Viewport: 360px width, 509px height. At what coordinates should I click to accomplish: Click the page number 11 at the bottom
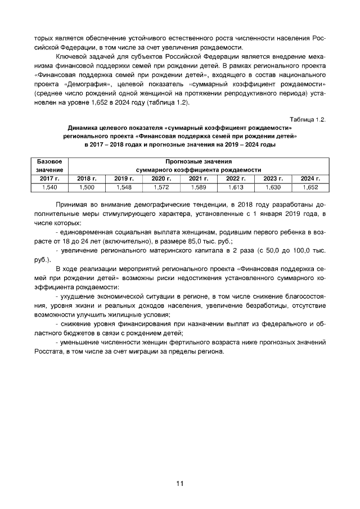[179, 483]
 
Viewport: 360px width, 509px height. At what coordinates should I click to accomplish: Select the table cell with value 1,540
[49, 187]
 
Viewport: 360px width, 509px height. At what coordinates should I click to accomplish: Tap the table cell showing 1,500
[87, 187]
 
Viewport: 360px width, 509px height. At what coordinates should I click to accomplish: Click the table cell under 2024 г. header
[310, 187]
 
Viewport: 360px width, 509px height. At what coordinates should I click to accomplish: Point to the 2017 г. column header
[49, 178]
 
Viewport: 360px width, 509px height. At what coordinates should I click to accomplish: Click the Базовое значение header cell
[49, 165]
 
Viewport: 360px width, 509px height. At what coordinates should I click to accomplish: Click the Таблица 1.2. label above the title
[308, 119]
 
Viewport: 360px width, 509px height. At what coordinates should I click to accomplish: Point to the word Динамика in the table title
[85, 128]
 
